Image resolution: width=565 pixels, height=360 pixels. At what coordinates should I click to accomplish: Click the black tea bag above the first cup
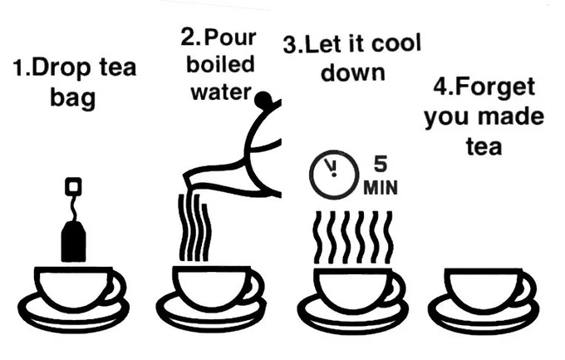pos(73,241)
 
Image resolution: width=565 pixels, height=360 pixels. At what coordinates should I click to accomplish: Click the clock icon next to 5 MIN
pos(334,175)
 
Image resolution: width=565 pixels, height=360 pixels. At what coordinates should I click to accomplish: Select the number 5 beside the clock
pos(381,164)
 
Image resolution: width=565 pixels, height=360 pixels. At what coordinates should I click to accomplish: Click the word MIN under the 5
pos(381,188)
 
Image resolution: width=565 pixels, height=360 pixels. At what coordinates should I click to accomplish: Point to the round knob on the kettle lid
pos(263,99)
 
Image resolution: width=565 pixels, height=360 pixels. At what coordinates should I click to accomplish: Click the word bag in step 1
pos(73,98)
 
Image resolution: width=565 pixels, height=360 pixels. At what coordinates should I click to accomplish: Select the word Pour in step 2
pos(230,37)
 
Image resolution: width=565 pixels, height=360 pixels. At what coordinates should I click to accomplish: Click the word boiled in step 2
pos(220,64)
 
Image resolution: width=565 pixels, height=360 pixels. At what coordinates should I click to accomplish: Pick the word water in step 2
pos(220,92)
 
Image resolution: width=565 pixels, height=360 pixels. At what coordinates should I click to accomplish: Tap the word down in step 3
pos(353,72)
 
